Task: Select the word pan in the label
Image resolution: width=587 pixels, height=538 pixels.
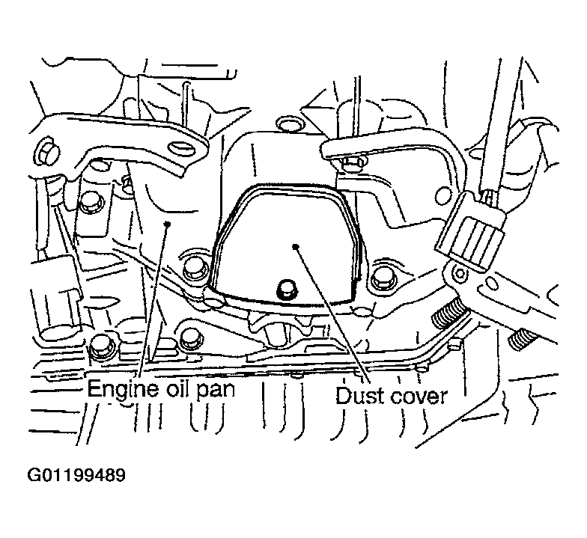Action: [x=217, y=391]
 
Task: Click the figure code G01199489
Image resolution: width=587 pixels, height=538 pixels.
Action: [x=76, y=476]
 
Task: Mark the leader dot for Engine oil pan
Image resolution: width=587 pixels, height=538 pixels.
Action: [x=168, y=223]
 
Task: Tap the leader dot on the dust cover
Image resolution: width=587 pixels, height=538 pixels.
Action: [x=295, y=245]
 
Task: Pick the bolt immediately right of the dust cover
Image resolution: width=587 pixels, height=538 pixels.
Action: [x=382, y=278]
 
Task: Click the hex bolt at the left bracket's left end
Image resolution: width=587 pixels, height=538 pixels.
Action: [x=46, y=153]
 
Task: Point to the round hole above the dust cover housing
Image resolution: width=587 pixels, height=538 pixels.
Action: [x=288, y=125]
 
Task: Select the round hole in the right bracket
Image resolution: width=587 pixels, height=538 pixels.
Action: [x=443, y=196]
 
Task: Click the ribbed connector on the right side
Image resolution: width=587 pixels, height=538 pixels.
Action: [x=471, y=231]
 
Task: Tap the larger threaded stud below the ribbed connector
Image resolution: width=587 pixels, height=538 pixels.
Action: [x=449, y=313]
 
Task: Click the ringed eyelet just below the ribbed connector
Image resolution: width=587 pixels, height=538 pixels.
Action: [x=460, y=274]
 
